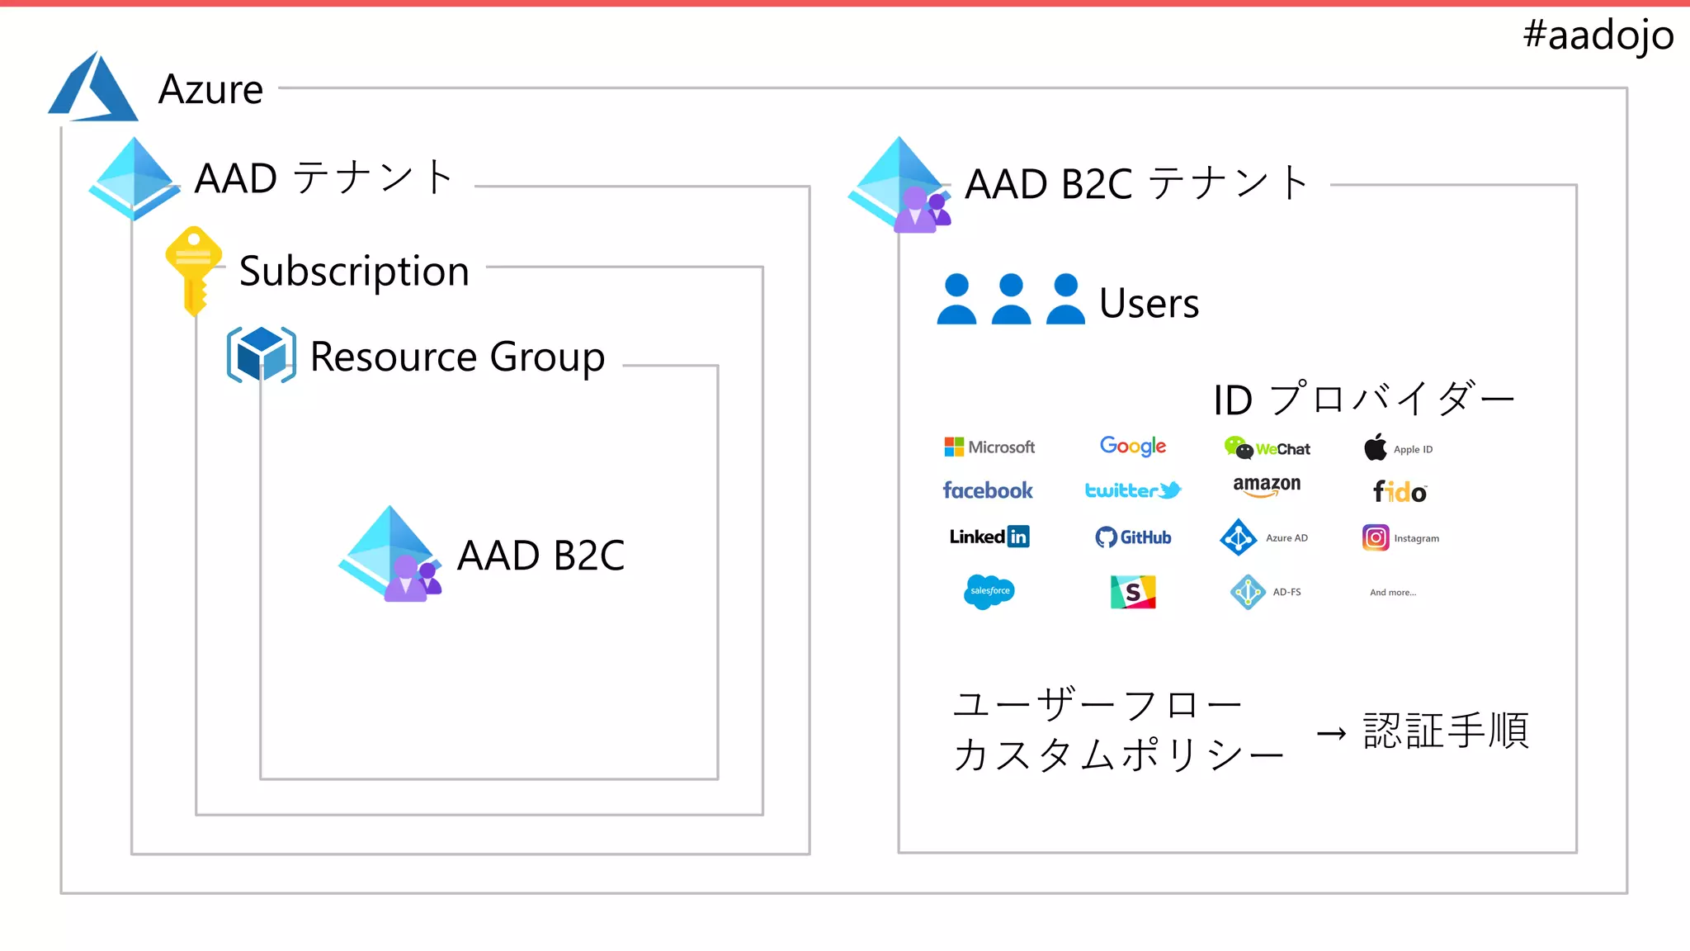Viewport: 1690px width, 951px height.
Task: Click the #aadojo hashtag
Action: pyautogui.click(x=1598, y=35)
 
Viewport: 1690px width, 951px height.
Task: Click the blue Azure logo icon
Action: pyautogui.click(x=92, y=88)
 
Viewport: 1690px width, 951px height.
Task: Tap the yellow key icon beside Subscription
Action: pyautogui.click(x=194, y=269)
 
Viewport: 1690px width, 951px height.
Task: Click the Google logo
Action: pyautogui.click(x=1132, y=447)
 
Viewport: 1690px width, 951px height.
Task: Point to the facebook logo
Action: pyautogui.click(x=987, y=490)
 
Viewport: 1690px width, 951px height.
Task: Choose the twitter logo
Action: pyautogui.click(x=1132, y=490)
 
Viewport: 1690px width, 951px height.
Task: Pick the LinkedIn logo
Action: pyautogui.click(x=989, y=537)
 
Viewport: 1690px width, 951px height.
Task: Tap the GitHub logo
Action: pyautogui.click(x=1132, y=537)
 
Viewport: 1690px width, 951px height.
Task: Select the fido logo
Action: pyautogui.click(x=1400, y=492)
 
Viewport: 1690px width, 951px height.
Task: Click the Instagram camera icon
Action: pyautogui.click(x=1376, y=537)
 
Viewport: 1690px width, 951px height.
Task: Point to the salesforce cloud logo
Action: pyautogui.click(x=989, y=591)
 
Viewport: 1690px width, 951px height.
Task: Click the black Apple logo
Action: pyautogui.click(x=1376, y=447)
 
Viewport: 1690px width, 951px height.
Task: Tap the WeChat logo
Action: pyautogui.click(x=1267, y=448)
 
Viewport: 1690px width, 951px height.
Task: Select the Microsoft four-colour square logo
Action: pyautogui.click(x=954, y=447)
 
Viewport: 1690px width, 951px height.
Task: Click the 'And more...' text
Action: pyautogui.click(x=1393, y=592)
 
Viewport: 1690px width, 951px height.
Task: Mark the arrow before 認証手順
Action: pyautogui.click(x=1331, y=733)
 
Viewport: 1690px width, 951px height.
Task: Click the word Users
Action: pyautogui.click(x=1149, y=303)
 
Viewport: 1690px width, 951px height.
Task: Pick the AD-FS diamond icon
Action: pyautogui.click(x=1248, y=592)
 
